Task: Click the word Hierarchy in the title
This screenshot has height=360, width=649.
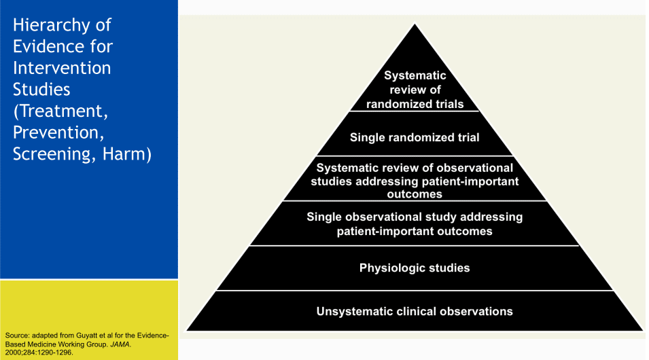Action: point(51,26)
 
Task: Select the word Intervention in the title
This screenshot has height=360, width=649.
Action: point(62,68)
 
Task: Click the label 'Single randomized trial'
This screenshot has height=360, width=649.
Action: point(415,137)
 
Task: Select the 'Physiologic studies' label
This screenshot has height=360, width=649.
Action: point(415,268)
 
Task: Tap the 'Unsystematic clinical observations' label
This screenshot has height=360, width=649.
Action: point(415,311)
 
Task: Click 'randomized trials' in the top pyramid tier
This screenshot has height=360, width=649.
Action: point(415,104)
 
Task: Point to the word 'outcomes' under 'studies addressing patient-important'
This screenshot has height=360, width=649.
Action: point(415,194)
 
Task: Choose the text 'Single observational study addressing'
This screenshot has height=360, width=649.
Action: point(415,217)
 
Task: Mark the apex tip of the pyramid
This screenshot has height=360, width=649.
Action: point(415,24)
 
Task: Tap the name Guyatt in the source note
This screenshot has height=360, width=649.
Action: point(88,336)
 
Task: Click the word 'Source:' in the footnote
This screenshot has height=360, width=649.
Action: point(18,336)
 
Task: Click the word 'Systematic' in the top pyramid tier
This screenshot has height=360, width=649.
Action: point(415,75)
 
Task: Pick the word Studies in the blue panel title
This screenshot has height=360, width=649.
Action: point(41,90)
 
